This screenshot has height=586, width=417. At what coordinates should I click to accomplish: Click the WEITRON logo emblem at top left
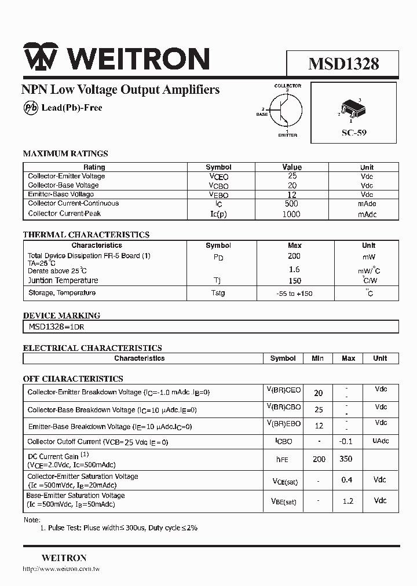coord(41,58)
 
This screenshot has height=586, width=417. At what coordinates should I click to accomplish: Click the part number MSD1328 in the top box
coord(343,63)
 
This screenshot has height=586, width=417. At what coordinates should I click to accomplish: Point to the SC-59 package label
coord(354,133)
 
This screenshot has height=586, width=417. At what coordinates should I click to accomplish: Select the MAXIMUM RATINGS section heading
coord(65,153)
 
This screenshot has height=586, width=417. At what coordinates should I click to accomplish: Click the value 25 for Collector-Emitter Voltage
coord(292,176)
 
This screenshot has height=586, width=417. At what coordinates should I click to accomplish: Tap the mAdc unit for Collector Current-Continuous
coord(367,204)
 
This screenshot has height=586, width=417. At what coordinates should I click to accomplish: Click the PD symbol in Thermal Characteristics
coord(218,257)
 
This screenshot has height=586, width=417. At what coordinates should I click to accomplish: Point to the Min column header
coord(317,358)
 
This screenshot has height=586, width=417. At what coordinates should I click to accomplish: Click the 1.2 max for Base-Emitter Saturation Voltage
coord(348,501)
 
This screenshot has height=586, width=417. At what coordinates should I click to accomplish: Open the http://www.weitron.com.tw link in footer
coord(61,570)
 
